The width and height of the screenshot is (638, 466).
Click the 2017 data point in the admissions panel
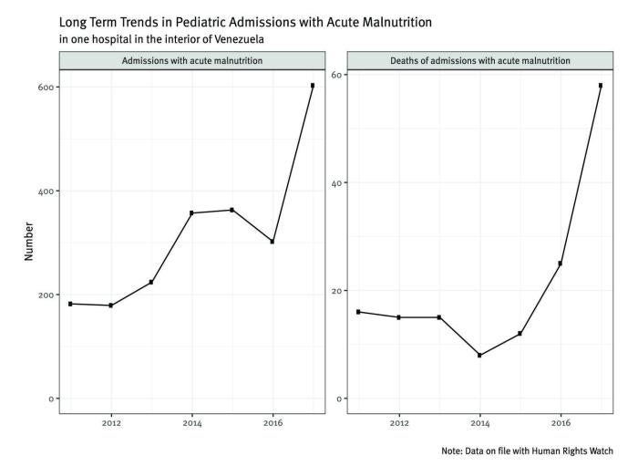[x=313, y=86]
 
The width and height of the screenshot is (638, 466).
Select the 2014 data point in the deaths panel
[x=479, y=355]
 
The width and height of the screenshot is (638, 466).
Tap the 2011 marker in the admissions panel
[x=70, y=304]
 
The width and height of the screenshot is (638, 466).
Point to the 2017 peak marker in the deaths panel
[x=601, y=86]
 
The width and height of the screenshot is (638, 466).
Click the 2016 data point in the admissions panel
[x=273, y=242]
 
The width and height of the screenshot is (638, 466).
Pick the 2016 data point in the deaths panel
[x=561, y=264]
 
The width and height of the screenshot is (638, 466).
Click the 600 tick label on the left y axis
[x=42, y=87]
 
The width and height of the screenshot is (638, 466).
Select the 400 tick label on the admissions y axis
[x=42, y=191]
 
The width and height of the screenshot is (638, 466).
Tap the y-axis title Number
[x=29, y=241]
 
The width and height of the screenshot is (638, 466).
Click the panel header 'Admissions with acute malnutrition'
[x=191, y=60]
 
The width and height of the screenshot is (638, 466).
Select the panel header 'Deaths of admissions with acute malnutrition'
[x=479, y=60]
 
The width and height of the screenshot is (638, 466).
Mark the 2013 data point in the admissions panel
[x=151, y=282]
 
